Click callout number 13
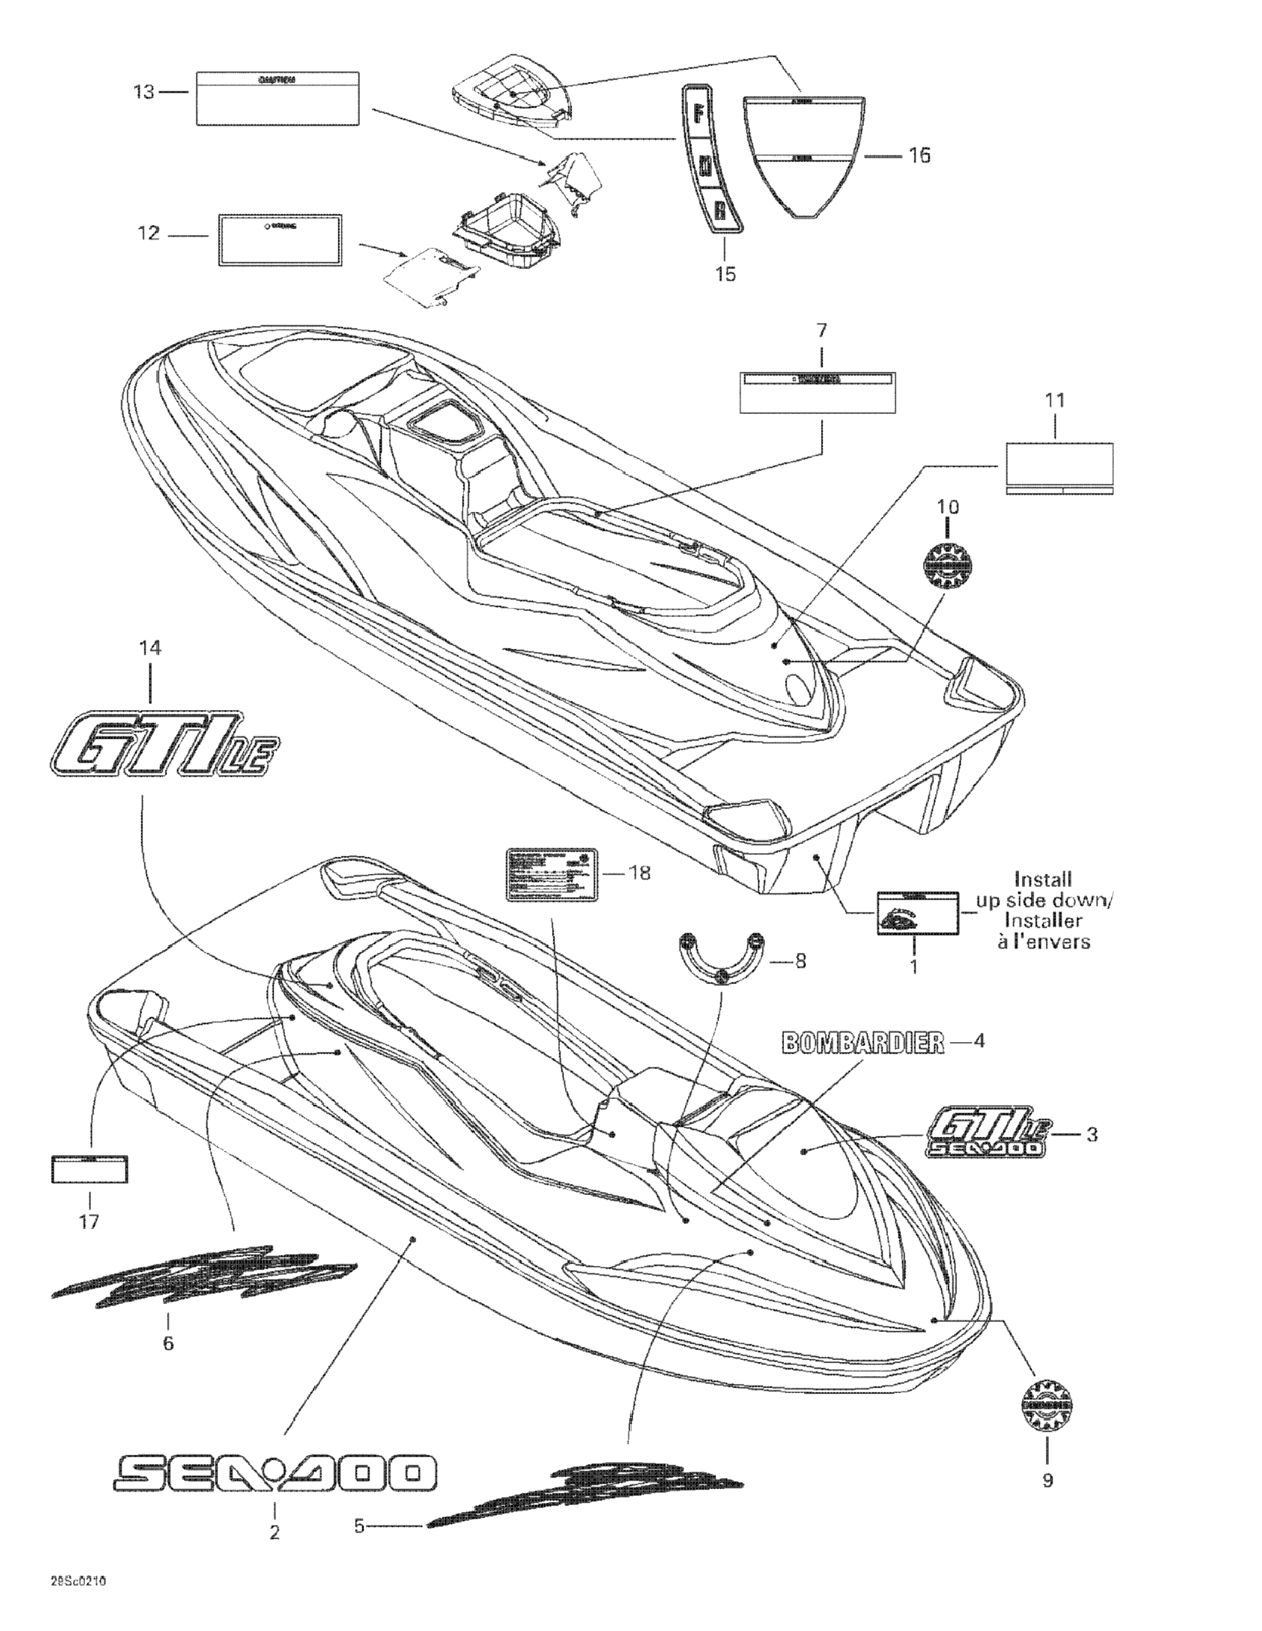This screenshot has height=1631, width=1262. [143, 92]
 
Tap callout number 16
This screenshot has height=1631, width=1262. [920, 155]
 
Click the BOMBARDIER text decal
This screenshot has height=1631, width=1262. [863, 1043]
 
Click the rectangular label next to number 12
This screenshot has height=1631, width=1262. [280, 240]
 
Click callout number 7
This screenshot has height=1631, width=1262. [821, 330]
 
